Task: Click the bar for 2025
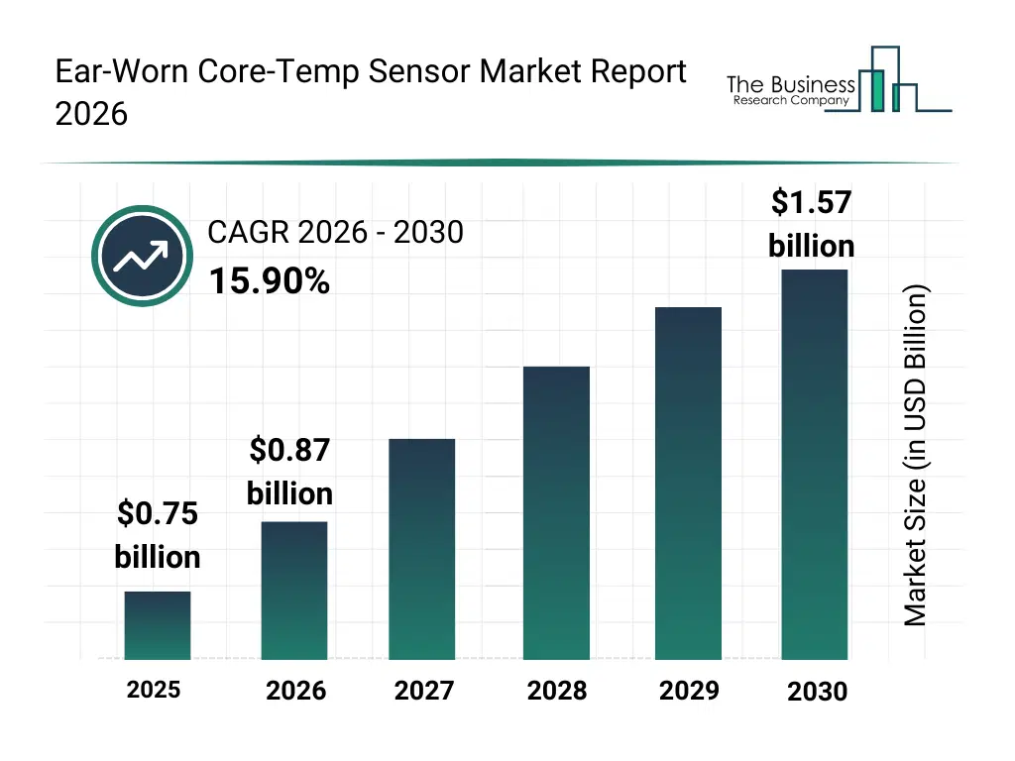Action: click(x=158, y=625)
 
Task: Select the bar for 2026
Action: click(x=294, y=590)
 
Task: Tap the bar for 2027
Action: click(x=422, y=549)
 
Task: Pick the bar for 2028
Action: click(x=556, y=512)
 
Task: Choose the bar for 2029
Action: click(x=688, y=483)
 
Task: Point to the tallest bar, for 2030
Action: click(x=815, y=464)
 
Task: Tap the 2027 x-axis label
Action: click(x=424, y=691)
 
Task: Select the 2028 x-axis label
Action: click(x=556, y=691)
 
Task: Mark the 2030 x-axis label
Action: click(x=818, y=692)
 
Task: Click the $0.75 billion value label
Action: click(x=158, y=535)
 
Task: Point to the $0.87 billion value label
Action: click(x=289, y=472)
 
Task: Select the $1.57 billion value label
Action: click(x=812, y=224)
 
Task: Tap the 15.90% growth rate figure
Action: click(x=269, y=282)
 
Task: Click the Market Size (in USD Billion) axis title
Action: click(x=916, y=456)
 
